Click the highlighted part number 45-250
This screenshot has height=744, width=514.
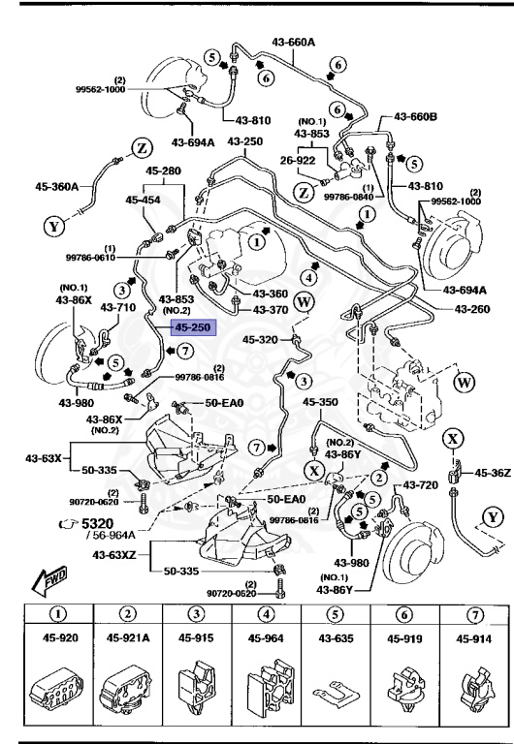pos(191,327)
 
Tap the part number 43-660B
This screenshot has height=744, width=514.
pos(414,117)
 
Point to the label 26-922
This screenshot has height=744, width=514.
pos(300,161)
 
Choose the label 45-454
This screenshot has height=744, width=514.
pos(143,200)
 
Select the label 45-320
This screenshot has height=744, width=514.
pos(260,340)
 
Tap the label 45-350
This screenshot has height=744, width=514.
pos(320,401)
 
